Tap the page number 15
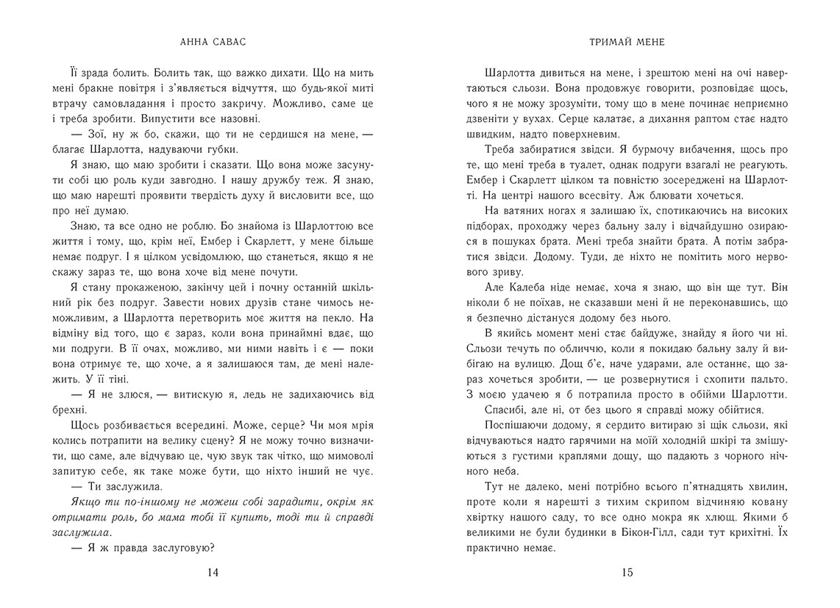[x=627, y=573]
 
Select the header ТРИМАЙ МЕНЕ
[x=627, y=42]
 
